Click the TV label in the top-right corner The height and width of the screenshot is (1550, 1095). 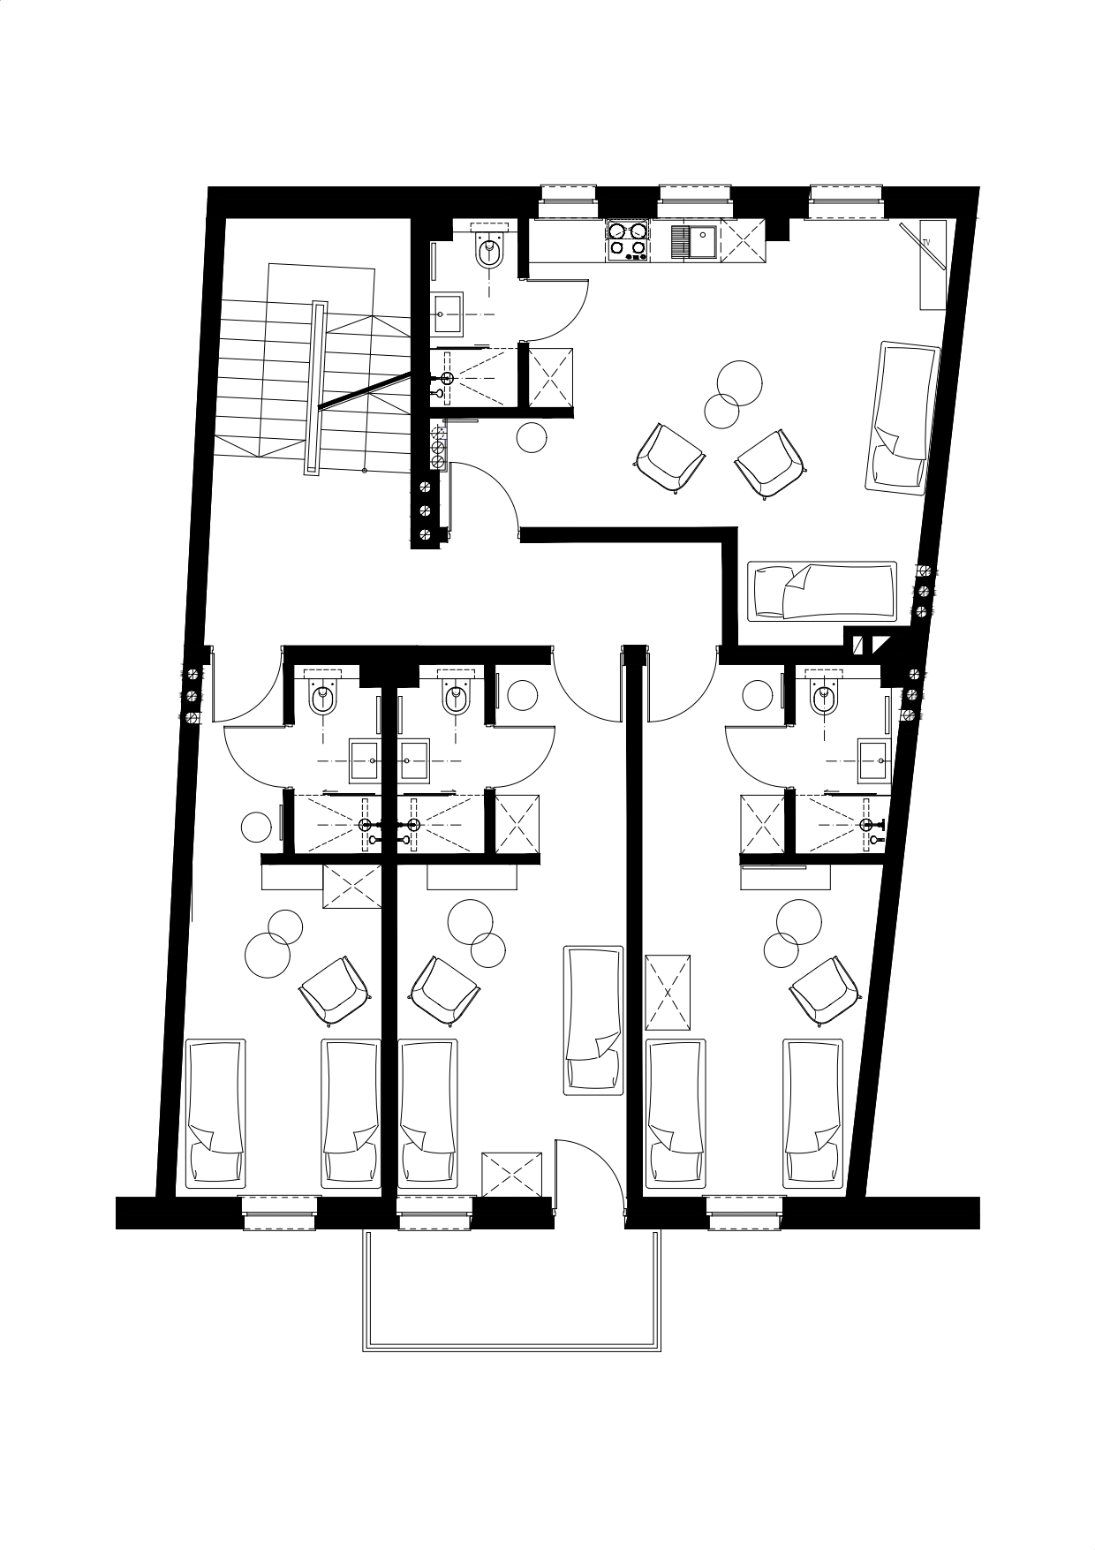tap(926, 241)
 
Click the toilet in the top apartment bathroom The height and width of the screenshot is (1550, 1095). tap(489, 251)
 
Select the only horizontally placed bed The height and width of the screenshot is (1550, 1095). tap(822, 591)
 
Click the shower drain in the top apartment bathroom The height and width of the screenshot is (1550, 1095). tap(447, 378)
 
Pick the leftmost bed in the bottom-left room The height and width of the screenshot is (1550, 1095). tap(216, 1113)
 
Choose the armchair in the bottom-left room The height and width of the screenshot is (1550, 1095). tap(333, 991)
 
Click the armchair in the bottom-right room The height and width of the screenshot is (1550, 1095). tap(825, 990)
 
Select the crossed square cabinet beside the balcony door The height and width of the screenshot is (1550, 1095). tap(512, 1174)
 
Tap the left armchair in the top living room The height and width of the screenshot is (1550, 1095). tap(670, 457)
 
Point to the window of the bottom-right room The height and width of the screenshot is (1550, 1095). tap(745, 1213)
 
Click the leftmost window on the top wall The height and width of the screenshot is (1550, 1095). tap(567, 201)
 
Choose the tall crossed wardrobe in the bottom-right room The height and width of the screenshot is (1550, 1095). tap(668, 992)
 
